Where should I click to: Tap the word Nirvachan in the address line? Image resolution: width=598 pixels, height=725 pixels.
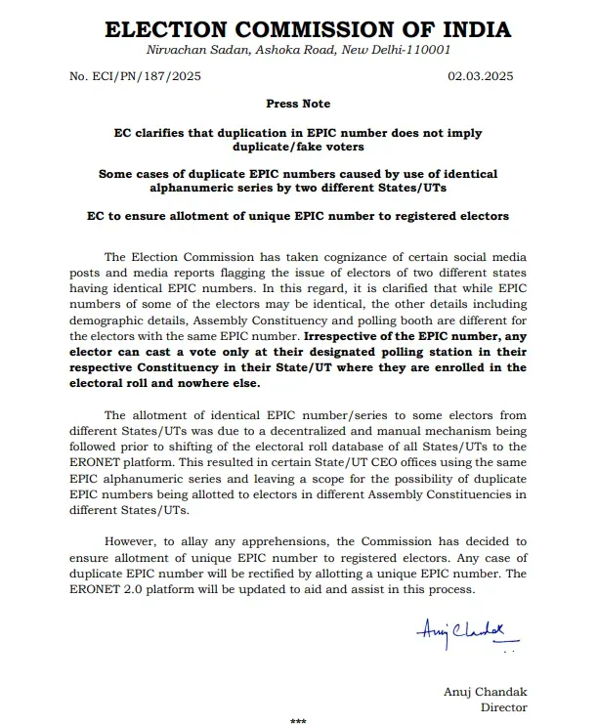(x=175, y=49)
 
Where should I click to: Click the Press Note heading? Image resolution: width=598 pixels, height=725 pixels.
(x=298, y=104)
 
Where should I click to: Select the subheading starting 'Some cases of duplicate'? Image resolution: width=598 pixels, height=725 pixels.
(x=298, y=181)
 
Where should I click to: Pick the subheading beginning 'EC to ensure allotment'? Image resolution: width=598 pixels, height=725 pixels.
(x=298, y=216)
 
